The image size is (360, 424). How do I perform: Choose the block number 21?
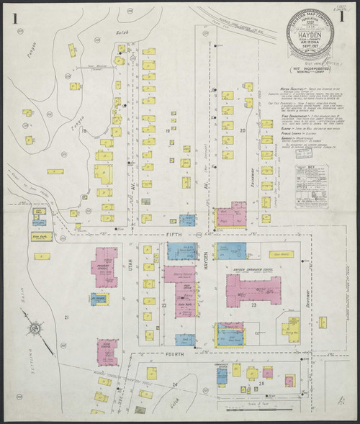(66, 317)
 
